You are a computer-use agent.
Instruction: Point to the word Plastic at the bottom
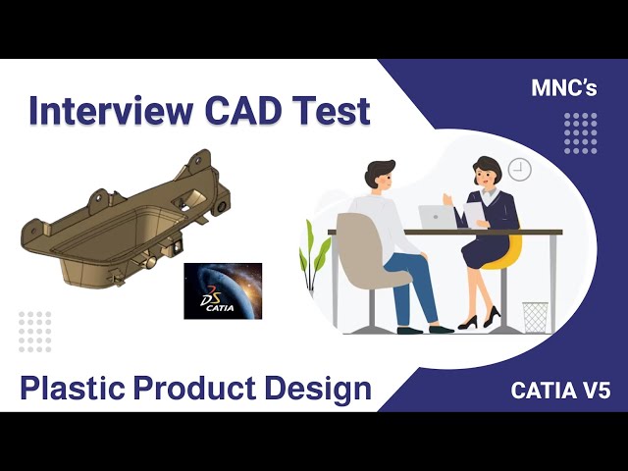point(74,389)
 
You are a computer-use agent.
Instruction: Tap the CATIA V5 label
point(560,390)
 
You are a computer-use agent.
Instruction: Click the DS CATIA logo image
point(223,290)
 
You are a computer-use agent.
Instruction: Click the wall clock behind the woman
point(519,170)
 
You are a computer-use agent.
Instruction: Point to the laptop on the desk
point(436,217)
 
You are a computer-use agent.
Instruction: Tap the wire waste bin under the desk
point(535,317)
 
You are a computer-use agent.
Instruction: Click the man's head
point(379,177)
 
